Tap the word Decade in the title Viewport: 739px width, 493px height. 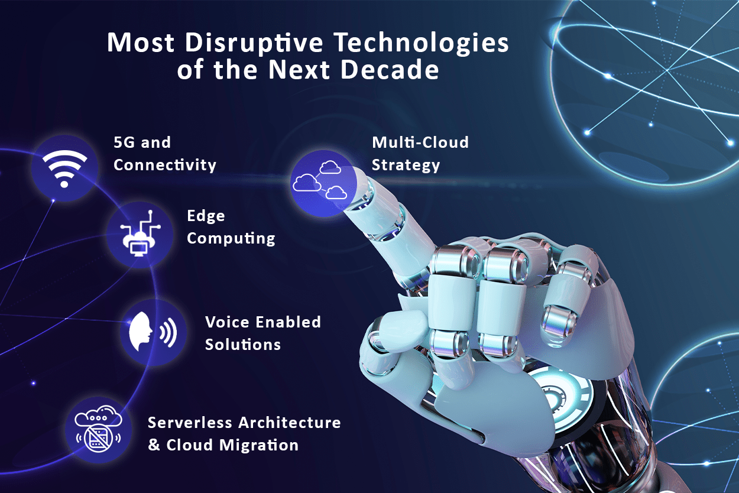pyautogui.click(x=390, y=70)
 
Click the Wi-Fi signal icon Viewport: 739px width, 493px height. pyautogui.click(x=64, y=168)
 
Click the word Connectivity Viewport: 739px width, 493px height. pyautogui.click(x=164, y=164)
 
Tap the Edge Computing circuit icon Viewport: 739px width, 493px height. pyautogui.click(x=140, y=233)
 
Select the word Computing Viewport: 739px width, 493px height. pyautogui.click(x=231, y=238)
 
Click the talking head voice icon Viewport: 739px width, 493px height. pyautogui.click(x=153, y=331)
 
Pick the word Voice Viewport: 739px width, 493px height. pyautogui.click(x=226, y=322)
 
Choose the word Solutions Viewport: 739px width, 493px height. pyautogui.click(x=243, y=345)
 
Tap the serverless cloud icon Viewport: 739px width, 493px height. pyautogui.click(x=98, y=429)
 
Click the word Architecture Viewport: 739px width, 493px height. pyautogui.click(x=290, y=423)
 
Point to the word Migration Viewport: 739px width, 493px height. pyautogui.click(x=259, y=446)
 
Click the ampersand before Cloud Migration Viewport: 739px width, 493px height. pyautogui.click(x=154, y=445)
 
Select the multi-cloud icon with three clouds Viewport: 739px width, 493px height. pyautogui.click(x=320, y=180)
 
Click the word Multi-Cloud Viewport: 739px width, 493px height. pyautogui.click(x=420, y=142)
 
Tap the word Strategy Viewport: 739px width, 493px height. pyautogui.click(x=406, y=165)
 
